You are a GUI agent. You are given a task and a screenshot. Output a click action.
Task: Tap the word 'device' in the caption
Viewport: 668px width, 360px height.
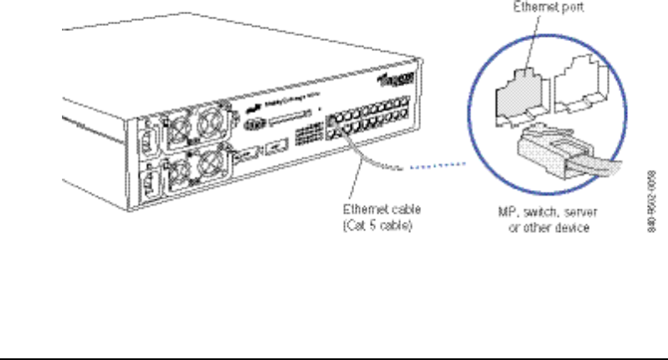(573, 228)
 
